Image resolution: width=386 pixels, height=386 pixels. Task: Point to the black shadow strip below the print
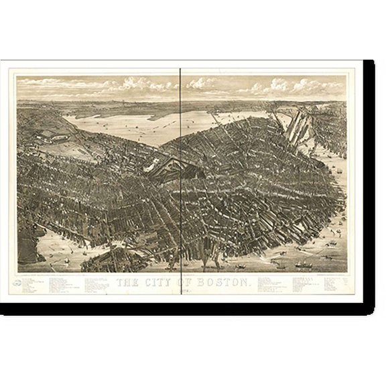(x=194, y=309)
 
